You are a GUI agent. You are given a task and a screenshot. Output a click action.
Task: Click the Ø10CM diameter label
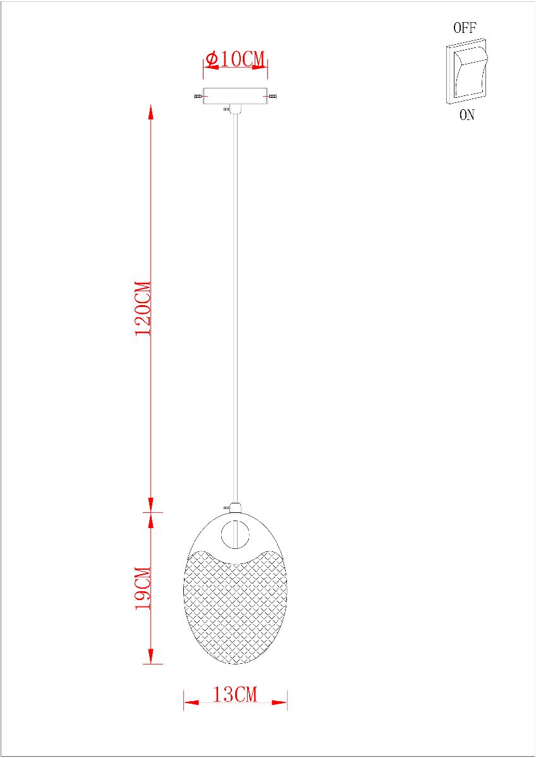[x=235, y=59]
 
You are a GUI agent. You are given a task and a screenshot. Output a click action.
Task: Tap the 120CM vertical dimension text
[x=143, y=308]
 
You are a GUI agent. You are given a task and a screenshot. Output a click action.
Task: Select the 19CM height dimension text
[x=143, y=589]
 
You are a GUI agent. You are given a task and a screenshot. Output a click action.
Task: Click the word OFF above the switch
[x=465, y=28]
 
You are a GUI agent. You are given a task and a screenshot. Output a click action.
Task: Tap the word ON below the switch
[x=467, y=115]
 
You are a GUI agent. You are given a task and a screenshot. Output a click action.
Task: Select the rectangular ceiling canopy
[x=235, y=96]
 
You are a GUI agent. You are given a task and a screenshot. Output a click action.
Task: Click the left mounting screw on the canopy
[x=198, y=97]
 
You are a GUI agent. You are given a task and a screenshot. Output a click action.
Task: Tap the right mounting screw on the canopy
[x=272, y=97]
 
